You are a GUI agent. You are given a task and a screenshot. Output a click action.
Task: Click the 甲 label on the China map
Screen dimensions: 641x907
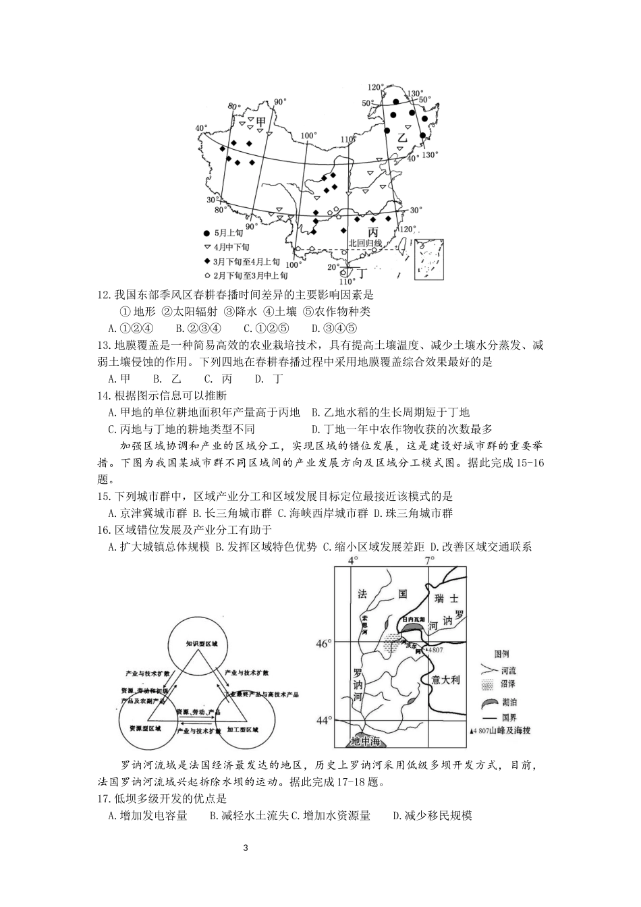click(261, 122)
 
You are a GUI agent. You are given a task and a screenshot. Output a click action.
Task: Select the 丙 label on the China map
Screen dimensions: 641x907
click(373, 231)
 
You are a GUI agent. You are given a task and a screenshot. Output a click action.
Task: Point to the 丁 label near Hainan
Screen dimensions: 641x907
click(361, 273)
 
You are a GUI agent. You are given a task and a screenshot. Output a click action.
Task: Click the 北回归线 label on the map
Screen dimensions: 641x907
click(365, 243)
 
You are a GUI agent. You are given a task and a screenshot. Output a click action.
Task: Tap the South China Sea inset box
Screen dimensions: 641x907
click(430, 258)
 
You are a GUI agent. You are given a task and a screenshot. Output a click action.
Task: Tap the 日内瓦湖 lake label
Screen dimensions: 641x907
click(414, 619)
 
